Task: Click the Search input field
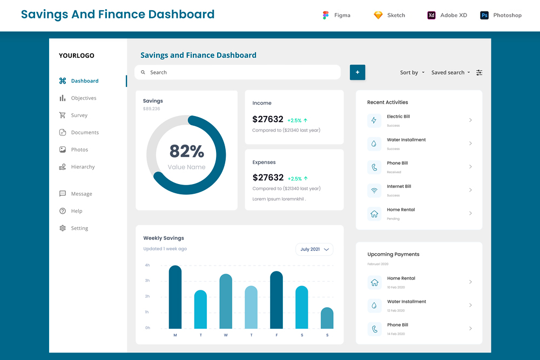pyautogui.click(x=238, y=72)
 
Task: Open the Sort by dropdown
pyautogui.click(x=412, y=72)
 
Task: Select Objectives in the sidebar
pyautogui.click(x=84, y=98)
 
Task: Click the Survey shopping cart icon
pyautogui.click(x=63, y=115)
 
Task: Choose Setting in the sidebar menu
pyautogui.click(x=79, y=228)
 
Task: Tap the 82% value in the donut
pyautogui.click(x=186, y=151)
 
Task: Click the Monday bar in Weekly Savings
pyautogui.click(x=175, y=297)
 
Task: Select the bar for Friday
pyautogui.click(x=276, y=300)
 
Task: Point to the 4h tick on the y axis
pyautogui.click(x=147, y=265)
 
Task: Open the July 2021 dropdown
pyautogui.click(x=314, y=249)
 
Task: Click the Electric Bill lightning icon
pyautogui.click(x=374, y=120)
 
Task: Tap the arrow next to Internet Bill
pyautogui.click(x=470, y=190)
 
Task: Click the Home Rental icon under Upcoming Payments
pyautogui.click(x=374, y=282)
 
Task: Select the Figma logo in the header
pyautogui.click(x=326, y=15)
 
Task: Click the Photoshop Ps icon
pyautogui.click(x=484, y=15)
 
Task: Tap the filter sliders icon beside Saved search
pyautogui.click(x=480, y=72)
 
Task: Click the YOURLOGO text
pyautogui.click(x=77, y=56)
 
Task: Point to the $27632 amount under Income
pyautogui.click(x=268, y=119)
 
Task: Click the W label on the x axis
pyautogui.click(x=226, y=335)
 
